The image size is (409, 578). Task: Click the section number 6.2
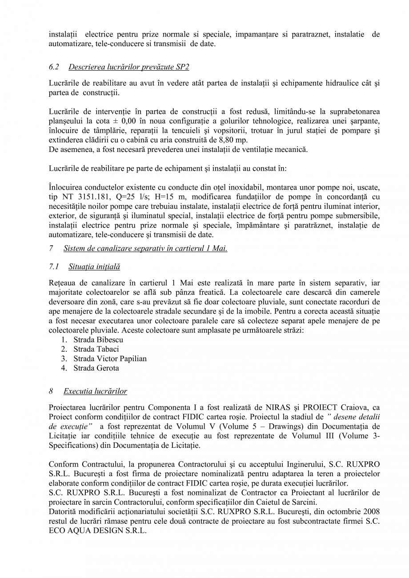[x=53, y=67]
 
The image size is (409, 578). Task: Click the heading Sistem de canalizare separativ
[x=145, y=249]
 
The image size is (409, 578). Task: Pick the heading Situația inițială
[x=94, y=267]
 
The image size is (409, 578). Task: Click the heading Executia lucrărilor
[x=95, y=391]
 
